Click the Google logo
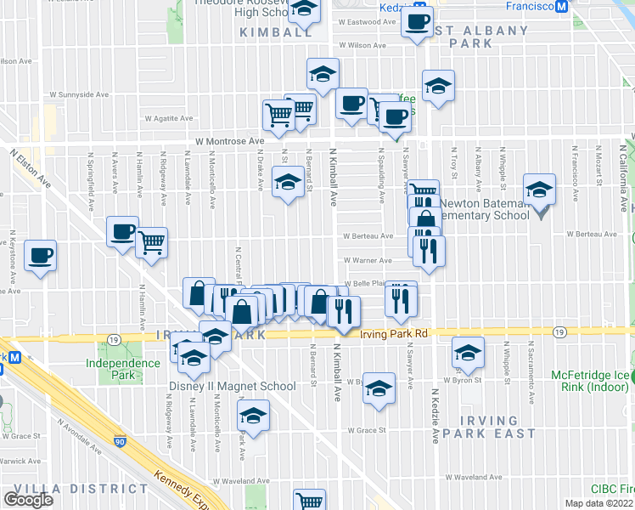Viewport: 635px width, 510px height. pyautogui.click(x=29, y=500)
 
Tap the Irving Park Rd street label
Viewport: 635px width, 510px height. pyautogui.click(x=392, y=334)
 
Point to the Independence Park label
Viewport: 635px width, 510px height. pyautogui.click(x=123, y=369)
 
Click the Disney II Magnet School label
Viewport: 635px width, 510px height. pyautogui.click(x=243, y=386)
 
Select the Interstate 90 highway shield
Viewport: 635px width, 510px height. pyautogui.click(x=121, y=442)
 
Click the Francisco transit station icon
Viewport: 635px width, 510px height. pyautogui.click(x=561, y=7)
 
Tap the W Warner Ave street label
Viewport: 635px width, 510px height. pyautogui.click(x=367, y=261)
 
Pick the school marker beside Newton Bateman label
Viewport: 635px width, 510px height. pyautogui.click(x=539, y=190)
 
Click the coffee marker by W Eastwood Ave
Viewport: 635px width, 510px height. pyautogui.click(x=417, y=23)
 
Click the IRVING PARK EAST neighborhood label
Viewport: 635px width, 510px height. pyautogui.click(x=486, y=427)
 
